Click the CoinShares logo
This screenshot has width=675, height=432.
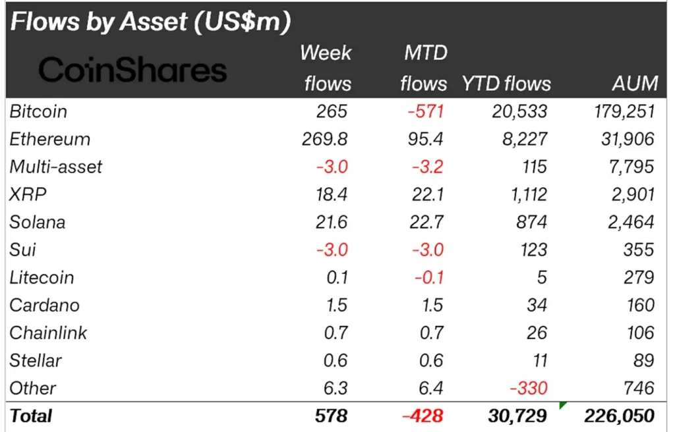[x=132, y=70]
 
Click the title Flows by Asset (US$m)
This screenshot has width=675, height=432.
[x=150, y=22]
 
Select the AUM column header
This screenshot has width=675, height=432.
[x=634, y=83]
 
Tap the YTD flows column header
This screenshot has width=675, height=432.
[x=506, y=83]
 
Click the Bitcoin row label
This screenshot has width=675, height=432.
[x=38, y=111]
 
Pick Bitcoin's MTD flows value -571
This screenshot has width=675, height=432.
[x=425, y=111]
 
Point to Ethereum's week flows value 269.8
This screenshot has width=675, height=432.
[x=324, y=139]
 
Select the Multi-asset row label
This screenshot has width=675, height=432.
[x=56, y=167]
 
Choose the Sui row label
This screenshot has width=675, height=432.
[x=22, y=250]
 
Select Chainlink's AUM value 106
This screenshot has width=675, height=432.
[x=639, y=333]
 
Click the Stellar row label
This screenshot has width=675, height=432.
[x=36, y=360]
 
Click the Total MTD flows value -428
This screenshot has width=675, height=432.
[x=423, y=416]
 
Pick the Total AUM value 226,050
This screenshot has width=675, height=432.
[x=620, y=416]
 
